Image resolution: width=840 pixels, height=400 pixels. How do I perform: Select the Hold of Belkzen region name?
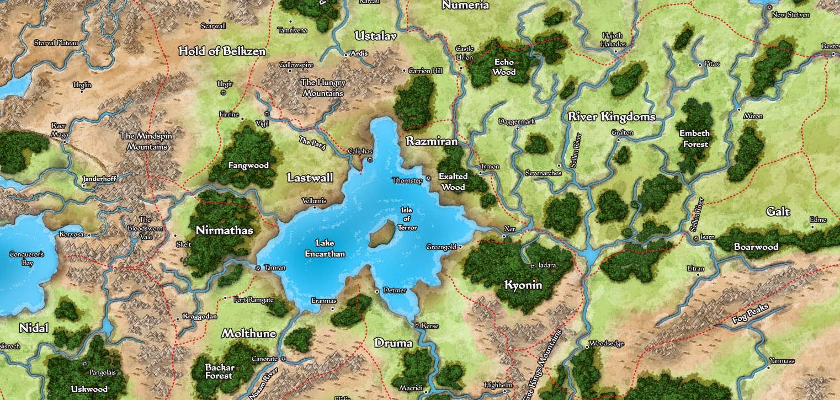(x=222, y=51)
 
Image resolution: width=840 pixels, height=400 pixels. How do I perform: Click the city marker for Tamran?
(x=258, y=268)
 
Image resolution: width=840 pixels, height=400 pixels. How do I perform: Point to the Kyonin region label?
(x=523, y=285)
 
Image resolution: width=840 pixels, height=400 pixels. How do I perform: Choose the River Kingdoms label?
(x=612, y=117)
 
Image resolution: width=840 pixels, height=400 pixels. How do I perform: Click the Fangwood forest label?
(x=248, y=165)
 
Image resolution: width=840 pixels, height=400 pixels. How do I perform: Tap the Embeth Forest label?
(x=694, y=138)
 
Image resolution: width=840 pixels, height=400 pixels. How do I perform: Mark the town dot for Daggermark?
(x=517, y=128)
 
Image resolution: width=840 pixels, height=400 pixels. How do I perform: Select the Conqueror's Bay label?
(x=26, y=259)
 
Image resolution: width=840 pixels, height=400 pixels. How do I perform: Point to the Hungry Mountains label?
(x=323, y=88)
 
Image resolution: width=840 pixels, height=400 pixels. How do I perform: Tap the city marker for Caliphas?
(x=370, y=159)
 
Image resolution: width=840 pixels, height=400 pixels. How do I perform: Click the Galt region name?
(x=778, y=212)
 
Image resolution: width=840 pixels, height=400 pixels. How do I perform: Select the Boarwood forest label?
(x=756, y=247)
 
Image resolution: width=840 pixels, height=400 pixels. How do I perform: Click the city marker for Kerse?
(x=417, y=326)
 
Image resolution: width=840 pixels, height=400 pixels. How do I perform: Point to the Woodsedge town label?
(x=607, y=343)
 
